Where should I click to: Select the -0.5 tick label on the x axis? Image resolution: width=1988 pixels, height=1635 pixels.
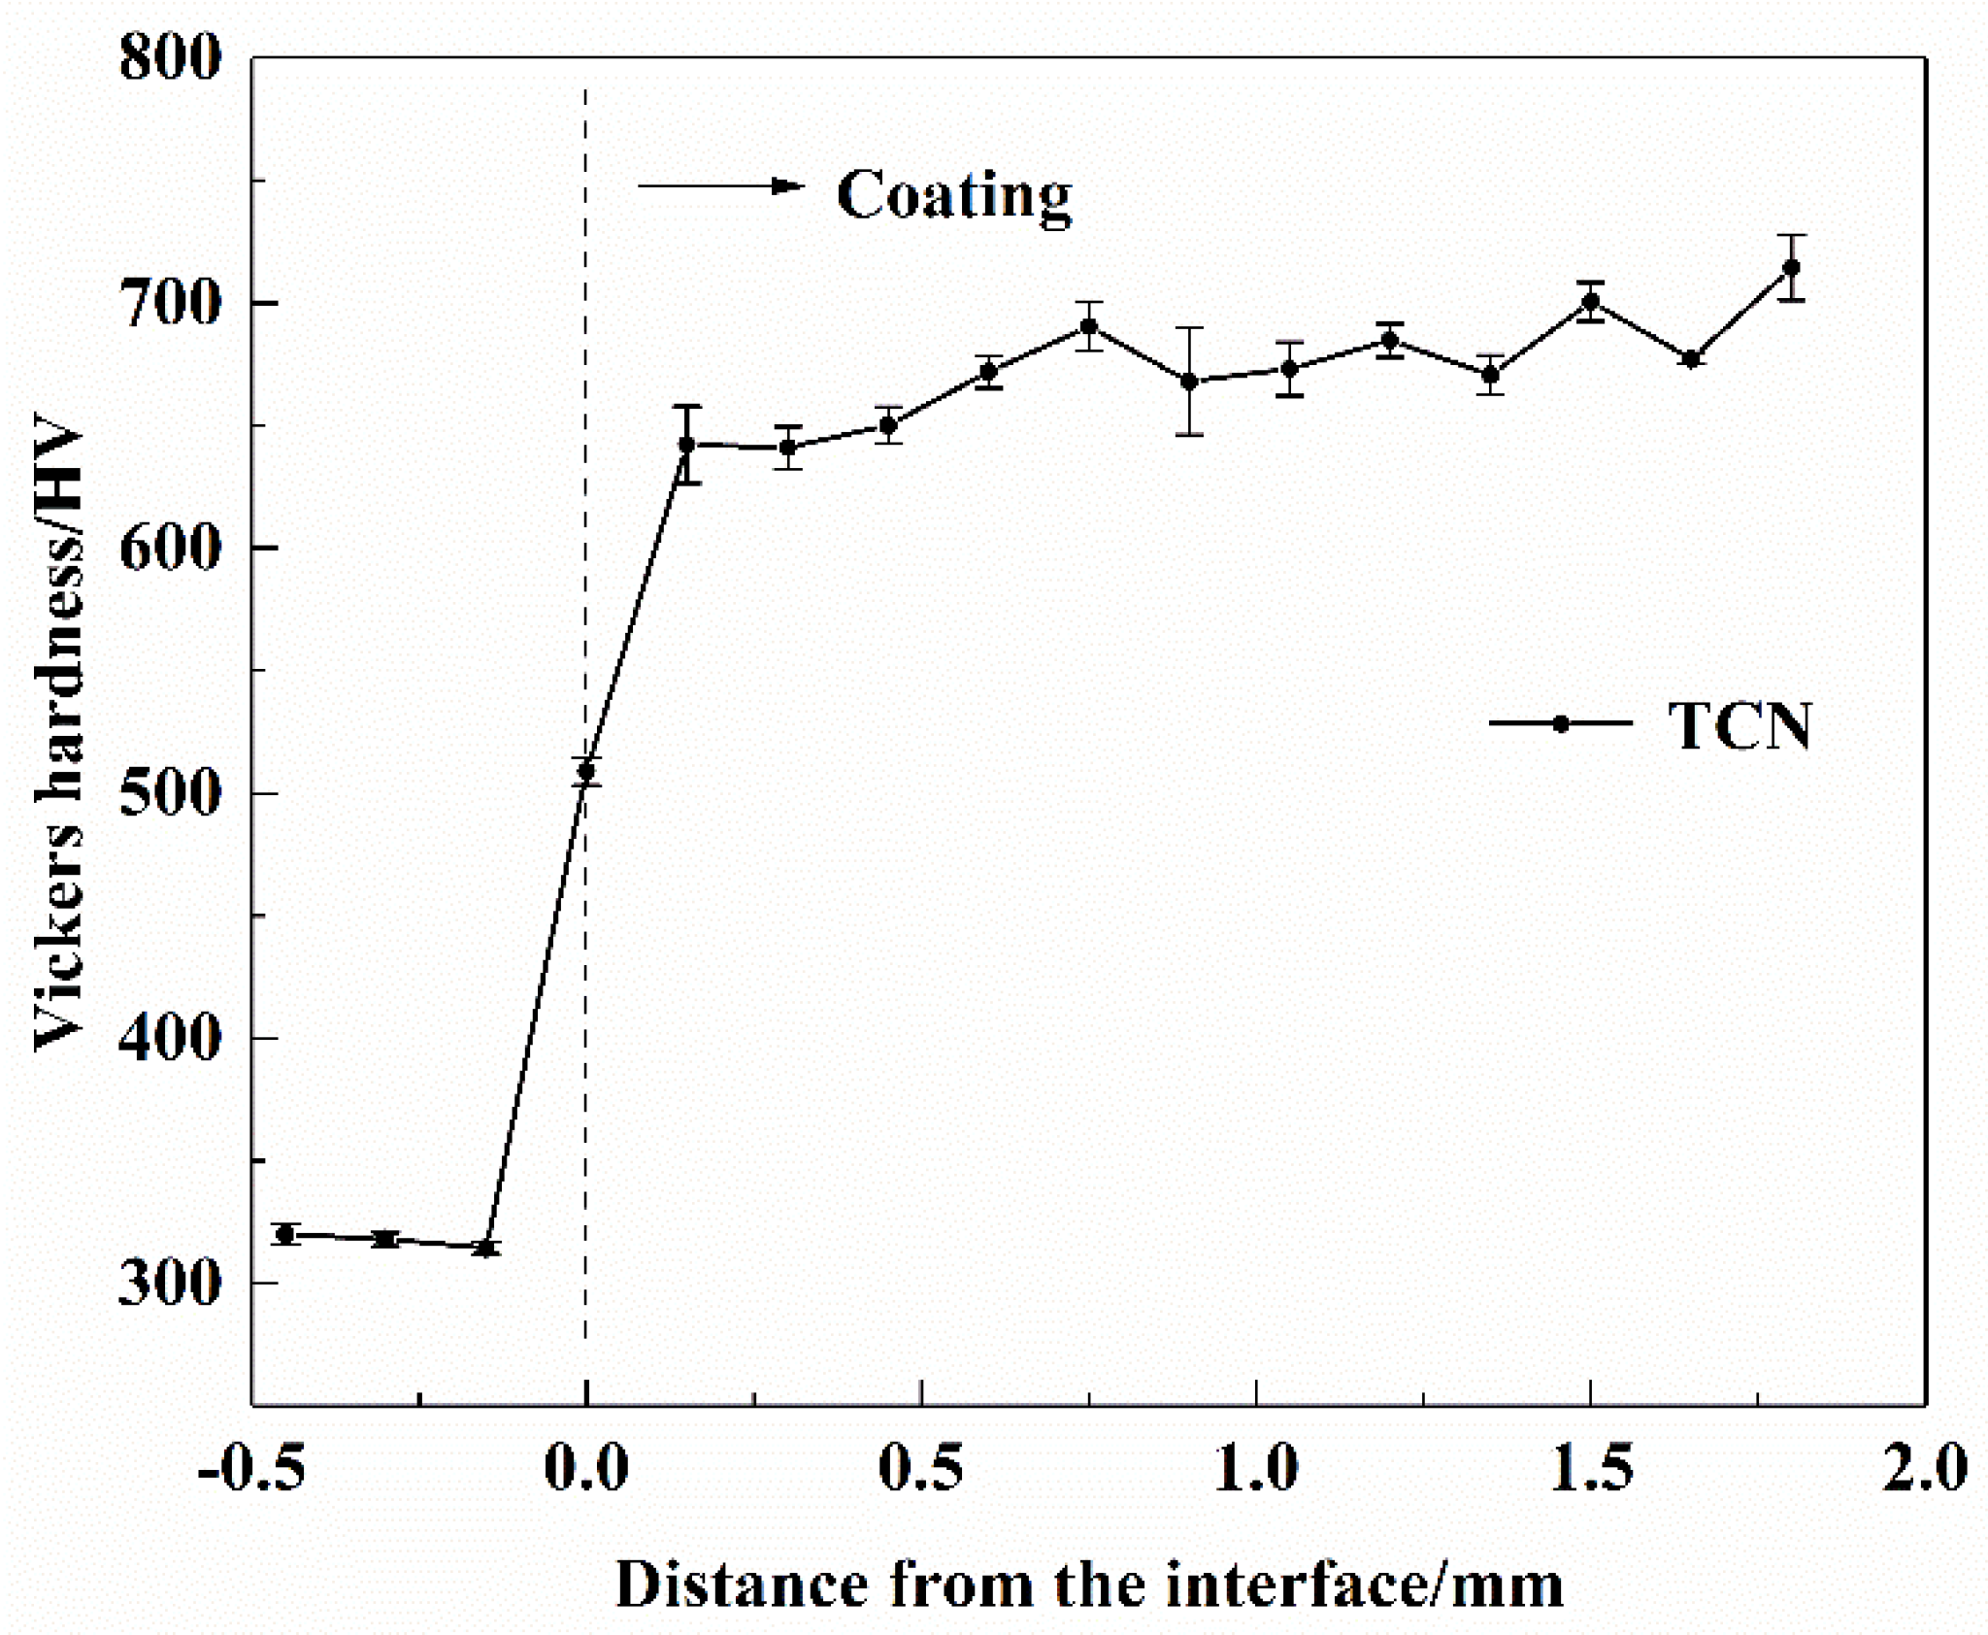tap(251, 1469)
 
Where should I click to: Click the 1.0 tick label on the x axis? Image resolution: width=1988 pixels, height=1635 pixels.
tap(1257, 1469)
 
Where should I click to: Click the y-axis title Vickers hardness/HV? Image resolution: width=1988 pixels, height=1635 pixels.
tap(60, 738)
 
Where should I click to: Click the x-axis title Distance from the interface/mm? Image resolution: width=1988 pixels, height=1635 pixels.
tap(1089, 1585)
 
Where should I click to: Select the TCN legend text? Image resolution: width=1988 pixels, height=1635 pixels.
tap(1739, 725)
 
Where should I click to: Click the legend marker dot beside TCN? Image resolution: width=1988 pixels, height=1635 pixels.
tap(1561, 723)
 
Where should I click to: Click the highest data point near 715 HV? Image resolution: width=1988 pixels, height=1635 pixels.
tap(1792, 267)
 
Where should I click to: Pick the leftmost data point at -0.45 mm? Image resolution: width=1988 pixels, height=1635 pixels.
tap(285, 1235)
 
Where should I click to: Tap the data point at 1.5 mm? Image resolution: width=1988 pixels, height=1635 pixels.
tap(1590, 301)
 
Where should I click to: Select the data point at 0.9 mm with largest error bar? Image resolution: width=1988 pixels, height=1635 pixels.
tap(1188, 382)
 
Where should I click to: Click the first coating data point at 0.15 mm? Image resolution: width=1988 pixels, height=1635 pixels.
tap(686, 445)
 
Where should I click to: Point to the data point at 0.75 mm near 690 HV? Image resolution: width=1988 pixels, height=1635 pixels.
tap(1088, 326)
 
